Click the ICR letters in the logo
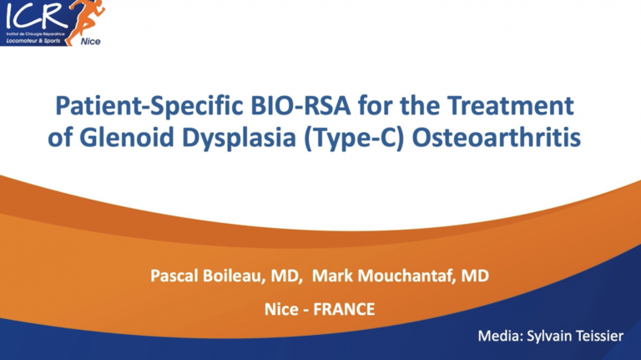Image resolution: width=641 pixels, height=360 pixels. click(x=30, y=15)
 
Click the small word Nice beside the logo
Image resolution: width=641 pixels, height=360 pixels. click(x=91, y=40)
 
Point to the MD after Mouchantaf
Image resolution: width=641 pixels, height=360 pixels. click(x=475, y=276)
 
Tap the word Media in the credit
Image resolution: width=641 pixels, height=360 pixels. click(x=499, y=337)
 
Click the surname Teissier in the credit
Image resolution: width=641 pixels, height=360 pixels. click(x=599, y=337)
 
